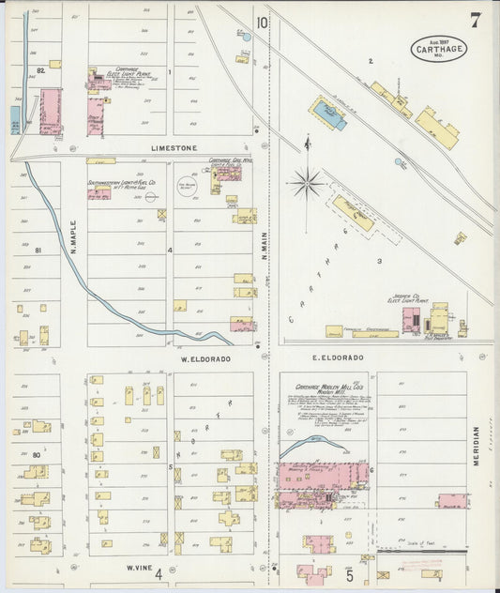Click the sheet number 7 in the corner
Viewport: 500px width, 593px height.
pos(477,19)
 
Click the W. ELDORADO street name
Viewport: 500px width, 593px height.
pos(206,358)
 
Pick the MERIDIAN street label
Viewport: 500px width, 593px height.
pos(477,447)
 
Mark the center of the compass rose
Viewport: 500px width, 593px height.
pos(306,179)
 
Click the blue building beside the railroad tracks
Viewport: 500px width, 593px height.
pos(327,115)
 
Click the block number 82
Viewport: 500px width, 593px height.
pos(40,70)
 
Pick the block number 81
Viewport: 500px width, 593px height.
pos(38,251)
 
